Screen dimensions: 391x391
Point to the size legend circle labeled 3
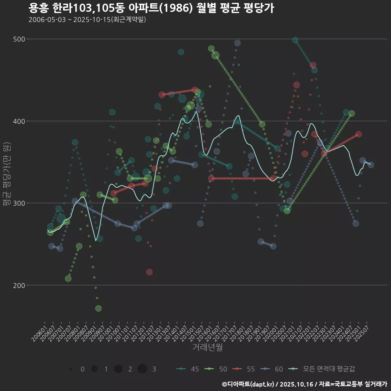(142, 369)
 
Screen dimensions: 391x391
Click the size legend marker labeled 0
(71, 369)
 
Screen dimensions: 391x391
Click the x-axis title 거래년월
(207, 347)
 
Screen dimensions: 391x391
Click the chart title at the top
(151, 8)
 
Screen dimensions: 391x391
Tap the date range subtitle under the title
(87, 20)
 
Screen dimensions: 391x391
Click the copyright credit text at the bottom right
(304, 384)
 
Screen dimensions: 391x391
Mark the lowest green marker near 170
(98, 308)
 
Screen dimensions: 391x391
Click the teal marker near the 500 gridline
(295, 40)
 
